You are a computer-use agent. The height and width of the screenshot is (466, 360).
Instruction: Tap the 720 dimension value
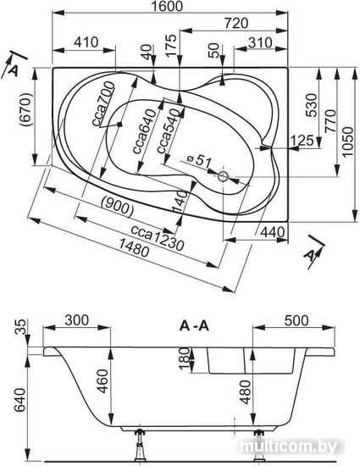click(x=235, y=23)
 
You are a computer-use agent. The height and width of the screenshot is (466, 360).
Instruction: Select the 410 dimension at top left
click(x=86, y=42)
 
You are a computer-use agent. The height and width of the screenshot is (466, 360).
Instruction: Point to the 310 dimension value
click(x=260, y=43)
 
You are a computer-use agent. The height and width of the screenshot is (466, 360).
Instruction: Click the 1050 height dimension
click(x=348, y=142)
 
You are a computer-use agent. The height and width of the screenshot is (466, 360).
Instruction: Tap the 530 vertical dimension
click(x=312, y=105)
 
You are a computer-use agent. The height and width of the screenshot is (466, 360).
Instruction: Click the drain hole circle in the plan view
click(x=223, y=176)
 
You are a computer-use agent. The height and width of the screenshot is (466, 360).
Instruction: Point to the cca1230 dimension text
click(x=158, y=237)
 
